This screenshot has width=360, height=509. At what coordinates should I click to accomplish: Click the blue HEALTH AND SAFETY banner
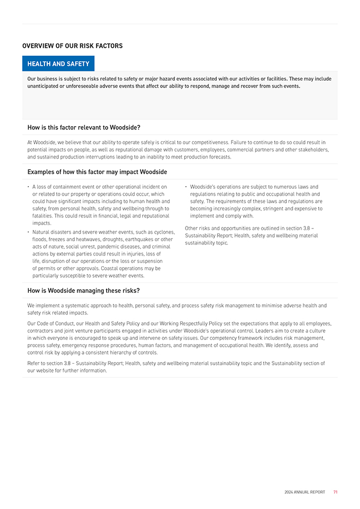58,64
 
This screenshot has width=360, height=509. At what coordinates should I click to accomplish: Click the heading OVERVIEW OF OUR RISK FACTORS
72,46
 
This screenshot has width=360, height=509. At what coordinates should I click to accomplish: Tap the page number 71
335,492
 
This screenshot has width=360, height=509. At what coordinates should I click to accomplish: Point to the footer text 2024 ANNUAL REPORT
304,492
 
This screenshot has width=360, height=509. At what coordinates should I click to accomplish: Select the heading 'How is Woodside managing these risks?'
83,291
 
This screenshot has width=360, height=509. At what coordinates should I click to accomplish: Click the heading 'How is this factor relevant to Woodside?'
84,127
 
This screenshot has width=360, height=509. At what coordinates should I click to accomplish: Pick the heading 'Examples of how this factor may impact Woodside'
97,172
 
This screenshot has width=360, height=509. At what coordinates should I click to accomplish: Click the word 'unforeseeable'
76,86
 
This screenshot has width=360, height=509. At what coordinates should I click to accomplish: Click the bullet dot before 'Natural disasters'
28,232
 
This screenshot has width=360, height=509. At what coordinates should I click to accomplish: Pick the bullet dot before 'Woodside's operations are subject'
186,187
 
